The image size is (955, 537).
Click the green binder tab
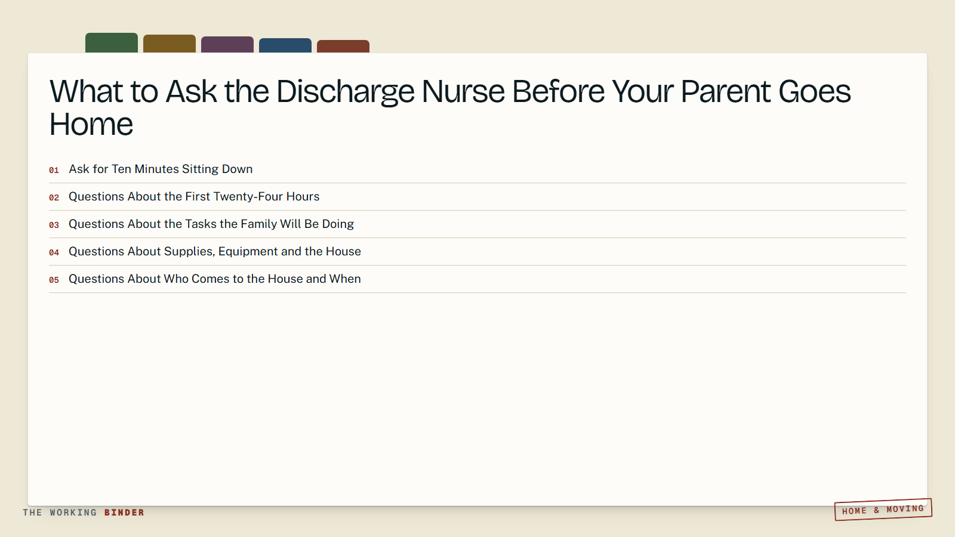click(x=111, y=42)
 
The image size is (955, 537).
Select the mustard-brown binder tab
click(x=170, y=44)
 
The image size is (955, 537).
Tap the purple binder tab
click(x=227, y=44)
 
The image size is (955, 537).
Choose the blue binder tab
click(x=285, y=45)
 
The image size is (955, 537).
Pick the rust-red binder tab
click(x=343, y=46)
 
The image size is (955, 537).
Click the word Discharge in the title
click(x=345, y=92)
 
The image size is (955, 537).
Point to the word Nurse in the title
click(x=463, y=91)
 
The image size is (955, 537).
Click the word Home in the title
click(x=91, y=124)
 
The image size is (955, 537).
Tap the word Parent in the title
click(x=725, y=91)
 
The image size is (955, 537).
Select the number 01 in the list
click(x=54, y=170)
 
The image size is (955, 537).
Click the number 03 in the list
click(x=54, y=225)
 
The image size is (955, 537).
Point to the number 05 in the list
click(x=54, y=280)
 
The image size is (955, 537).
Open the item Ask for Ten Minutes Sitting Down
click(x=161, y=169)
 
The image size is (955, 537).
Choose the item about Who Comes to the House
click(x=215, y=279)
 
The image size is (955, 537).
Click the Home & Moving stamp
click(x=883, y=510)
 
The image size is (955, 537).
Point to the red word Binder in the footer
click(x=124, y=513)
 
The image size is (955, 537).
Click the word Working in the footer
click(x=73, y=513)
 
